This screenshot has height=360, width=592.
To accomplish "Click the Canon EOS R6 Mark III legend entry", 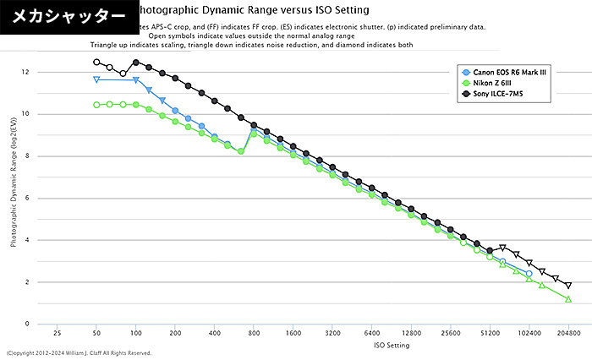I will click(x=507, y=72).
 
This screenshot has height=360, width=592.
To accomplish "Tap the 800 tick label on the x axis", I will click(x=254, y=334).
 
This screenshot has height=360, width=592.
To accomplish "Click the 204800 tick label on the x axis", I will click(x=568, y=334).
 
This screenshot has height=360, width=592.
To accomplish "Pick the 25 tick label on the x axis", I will click(x=58, y=334).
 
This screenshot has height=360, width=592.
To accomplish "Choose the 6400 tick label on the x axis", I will click(x=371, y=334).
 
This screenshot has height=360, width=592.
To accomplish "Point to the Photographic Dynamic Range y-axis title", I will click(x=14, y=199).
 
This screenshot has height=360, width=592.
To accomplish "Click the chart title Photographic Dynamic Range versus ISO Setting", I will click(x=254, y=11).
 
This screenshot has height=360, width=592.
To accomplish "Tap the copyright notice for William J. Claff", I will click(x=79, y=353).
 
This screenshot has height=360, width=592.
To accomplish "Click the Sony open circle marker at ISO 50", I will click(x=96, y=62).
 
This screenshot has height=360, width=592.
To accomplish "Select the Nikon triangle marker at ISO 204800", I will click(x=568, y=299).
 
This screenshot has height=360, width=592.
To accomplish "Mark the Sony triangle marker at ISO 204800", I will click(x=568, y=286).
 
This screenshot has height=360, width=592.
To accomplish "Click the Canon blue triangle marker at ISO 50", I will click(x=96, y=79).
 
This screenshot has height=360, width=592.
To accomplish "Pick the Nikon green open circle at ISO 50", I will click(x=96, y=105).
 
